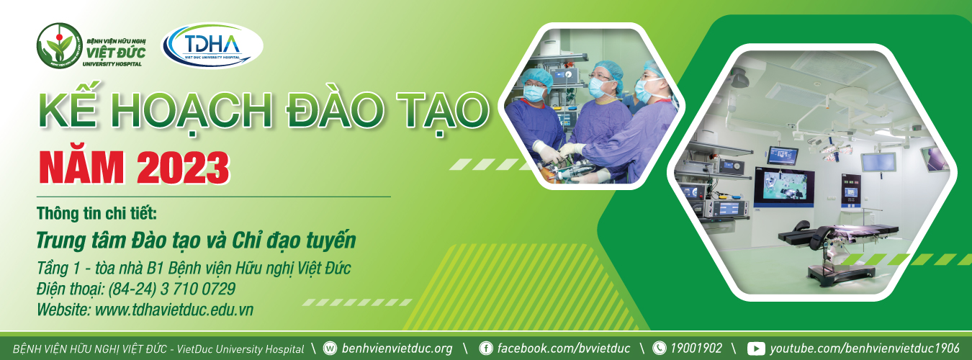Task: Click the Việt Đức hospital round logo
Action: point(60,45)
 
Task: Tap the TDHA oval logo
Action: point(212,45)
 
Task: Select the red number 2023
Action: point(183,168)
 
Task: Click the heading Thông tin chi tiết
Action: point(96,213)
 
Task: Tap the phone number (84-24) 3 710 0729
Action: point(172,289)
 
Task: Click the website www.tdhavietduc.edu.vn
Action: point(174,310)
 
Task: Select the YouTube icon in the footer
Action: point(756,348)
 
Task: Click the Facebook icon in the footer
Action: point(485,348)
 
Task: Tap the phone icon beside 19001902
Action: point(659,348)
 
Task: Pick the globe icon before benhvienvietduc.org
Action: point(330,348)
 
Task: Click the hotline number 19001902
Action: point(696,348)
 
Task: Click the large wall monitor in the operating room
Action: point(783,186)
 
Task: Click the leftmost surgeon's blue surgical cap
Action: point(536,78)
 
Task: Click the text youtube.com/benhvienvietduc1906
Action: point(865,348)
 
